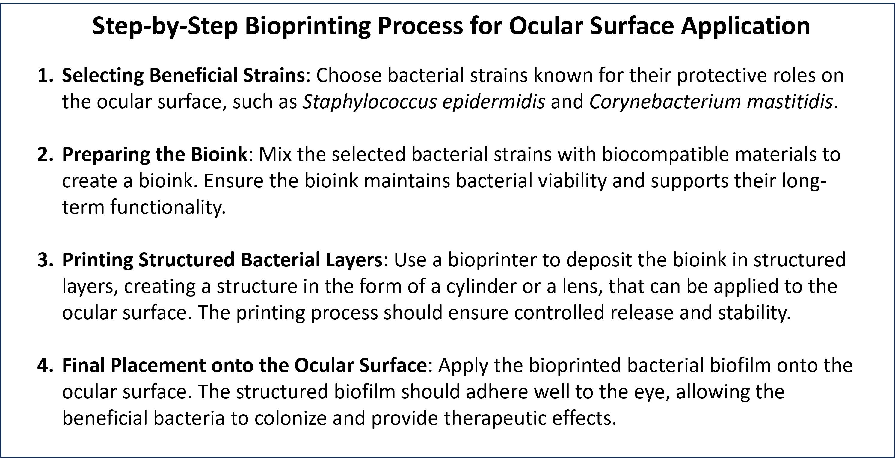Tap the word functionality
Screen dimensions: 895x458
[168, 207]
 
